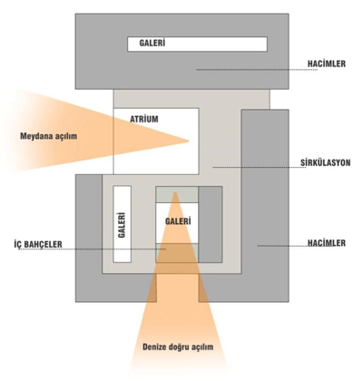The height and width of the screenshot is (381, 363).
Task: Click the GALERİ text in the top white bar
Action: coord(152,43)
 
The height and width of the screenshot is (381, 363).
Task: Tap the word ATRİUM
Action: coord(144,119)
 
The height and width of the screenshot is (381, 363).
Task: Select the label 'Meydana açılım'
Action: coord(49,136)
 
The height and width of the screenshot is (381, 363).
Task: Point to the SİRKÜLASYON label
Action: coord(326,162)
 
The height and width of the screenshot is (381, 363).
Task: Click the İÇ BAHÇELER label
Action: coord(38,244)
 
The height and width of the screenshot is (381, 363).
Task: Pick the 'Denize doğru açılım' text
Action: coord(178,347)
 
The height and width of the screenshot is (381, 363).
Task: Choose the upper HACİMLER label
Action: coord(327,63)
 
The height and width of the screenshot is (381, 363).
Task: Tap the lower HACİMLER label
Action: coord(327,243)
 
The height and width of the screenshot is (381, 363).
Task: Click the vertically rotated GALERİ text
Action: coord(122,225)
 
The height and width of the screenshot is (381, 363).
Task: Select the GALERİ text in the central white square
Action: coord(178,221)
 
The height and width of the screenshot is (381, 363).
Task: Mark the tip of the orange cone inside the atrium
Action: coord(189,141)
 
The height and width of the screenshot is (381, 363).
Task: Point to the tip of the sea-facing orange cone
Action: coord(174,192)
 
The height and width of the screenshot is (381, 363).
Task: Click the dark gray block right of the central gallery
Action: coord(211,224)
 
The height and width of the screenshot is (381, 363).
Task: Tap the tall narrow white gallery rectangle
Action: coord(123,224)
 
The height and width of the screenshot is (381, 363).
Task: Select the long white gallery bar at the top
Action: coord(197,44)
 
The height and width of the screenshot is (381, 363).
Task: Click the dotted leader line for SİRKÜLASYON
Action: coord(259,167)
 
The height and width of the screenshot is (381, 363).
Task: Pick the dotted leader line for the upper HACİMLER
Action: coord(257,70)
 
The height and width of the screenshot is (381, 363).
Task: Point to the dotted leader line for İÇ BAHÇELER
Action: coord(93,249)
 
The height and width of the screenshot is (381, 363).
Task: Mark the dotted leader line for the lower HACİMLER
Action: coord(288,246)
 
